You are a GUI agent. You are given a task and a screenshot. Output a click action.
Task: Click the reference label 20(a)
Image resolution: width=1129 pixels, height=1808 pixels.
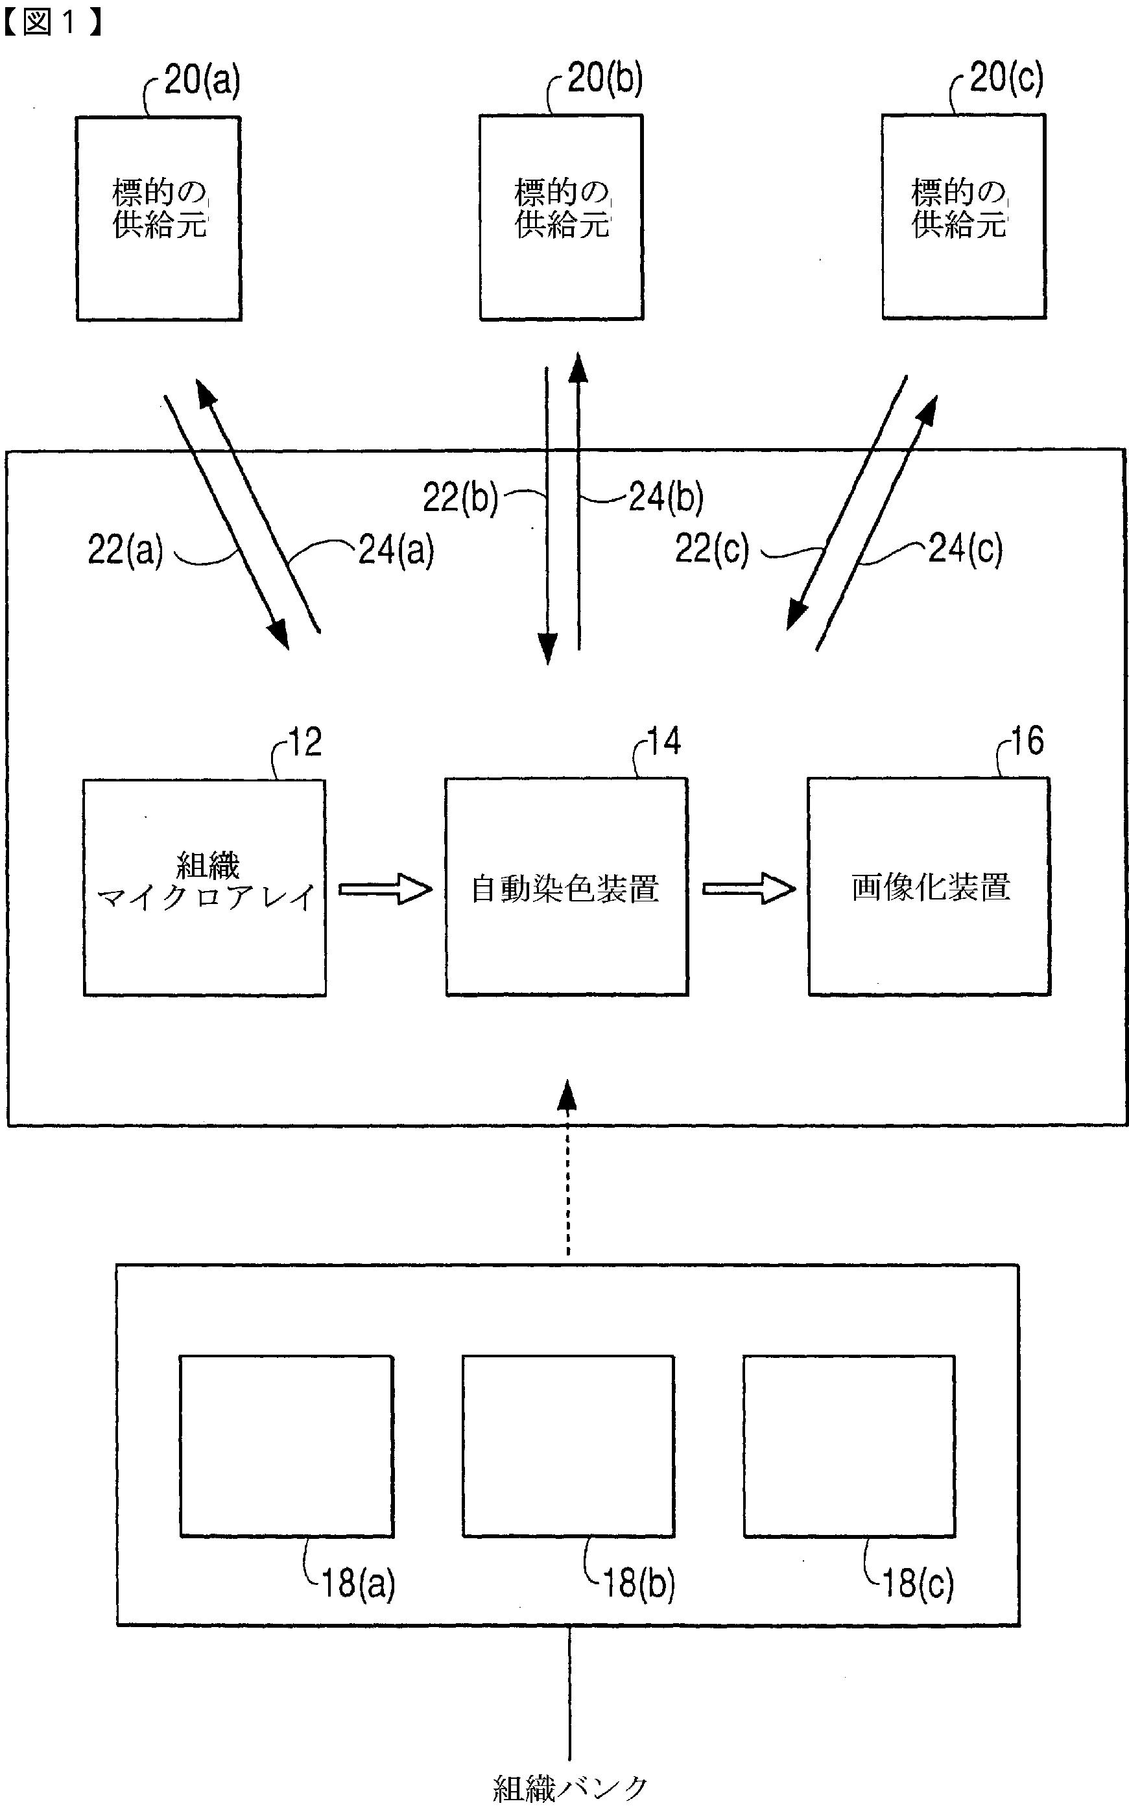click(202, 80)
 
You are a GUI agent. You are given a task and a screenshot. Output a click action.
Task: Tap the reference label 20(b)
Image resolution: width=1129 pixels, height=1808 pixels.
click(604, 78)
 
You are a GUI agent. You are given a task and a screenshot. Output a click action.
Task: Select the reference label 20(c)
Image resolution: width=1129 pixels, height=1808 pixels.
click(1006, 78)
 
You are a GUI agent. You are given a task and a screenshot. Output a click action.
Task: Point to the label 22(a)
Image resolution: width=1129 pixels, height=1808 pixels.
click(125, 550)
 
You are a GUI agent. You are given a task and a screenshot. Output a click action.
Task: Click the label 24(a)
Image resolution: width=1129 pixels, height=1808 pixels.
click(396, 550)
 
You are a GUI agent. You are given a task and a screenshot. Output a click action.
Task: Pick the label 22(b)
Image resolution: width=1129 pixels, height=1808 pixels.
click(460, 497)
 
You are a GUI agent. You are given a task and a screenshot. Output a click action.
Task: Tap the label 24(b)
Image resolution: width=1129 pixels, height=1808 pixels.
click(666, 497)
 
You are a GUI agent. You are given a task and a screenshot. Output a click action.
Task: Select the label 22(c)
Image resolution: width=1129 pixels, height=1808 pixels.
click(711, 549)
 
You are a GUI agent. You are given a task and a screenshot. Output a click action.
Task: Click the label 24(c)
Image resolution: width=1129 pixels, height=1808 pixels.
click(965, 549)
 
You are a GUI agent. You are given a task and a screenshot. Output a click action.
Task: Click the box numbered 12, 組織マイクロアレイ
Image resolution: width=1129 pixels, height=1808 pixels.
click(204, 887)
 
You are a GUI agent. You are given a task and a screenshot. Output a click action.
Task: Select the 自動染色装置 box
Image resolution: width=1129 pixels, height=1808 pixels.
click(566, 887)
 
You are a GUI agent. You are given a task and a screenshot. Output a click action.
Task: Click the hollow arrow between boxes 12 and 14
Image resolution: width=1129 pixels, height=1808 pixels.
click(385, 889)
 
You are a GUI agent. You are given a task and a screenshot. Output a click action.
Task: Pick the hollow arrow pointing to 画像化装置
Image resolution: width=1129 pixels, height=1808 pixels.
click(748, 888)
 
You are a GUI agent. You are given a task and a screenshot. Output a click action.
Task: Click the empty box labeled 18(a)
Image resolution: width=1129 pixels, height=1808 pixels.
click(287, 1446)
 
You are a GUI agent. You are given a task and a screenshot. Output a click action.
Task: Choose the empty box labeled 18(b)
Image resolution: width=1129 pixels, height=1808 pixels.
click(568, 1446)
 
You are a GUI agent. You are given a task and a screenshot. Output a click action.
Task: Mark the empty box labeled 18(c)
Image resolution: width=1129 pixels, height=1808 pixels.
click(849, 1446)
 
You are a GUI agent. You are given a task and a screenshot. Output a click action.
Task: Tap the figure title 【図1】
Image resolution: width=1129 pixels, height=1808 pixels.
click(51, 23)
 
